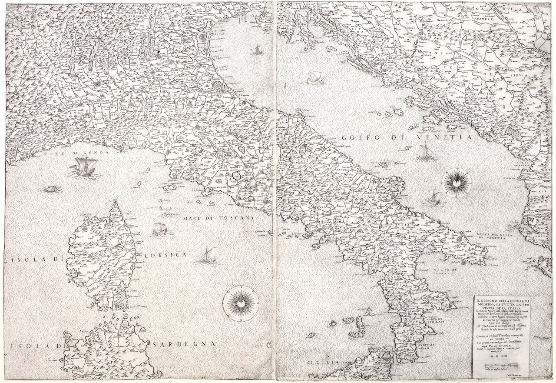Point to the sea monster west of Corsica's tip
(x=51, y=189)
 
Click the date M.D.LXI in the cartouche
(x=498, y=356)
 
